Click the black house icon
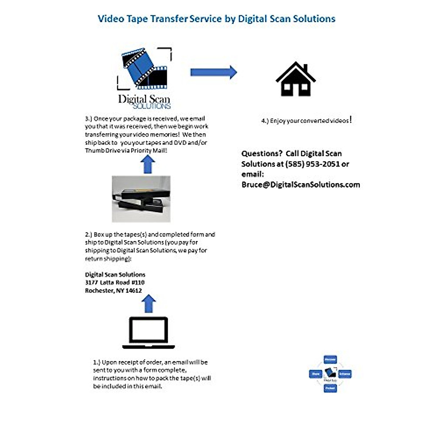tap(296, 80)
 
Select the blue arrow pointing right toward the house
tap(214, 72)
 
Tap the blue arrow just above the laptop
tap(149, 304)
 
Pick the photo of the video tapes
tap(141, 199)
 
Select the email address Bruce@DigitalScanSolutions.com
tap(301, 185)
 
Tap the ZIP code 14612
tap(134, 291)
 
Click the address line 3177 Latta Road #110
tap(115, 283)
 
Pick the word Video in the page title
tap(111, 19)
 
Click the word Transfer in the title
tap(169, 19)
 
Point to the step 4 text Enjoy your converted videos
tap(307, 120)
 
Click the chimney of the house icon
tap(306, 68)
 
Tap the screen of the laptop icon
tap(149, 330)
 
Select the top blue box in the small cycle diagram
tap(330, 360)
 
